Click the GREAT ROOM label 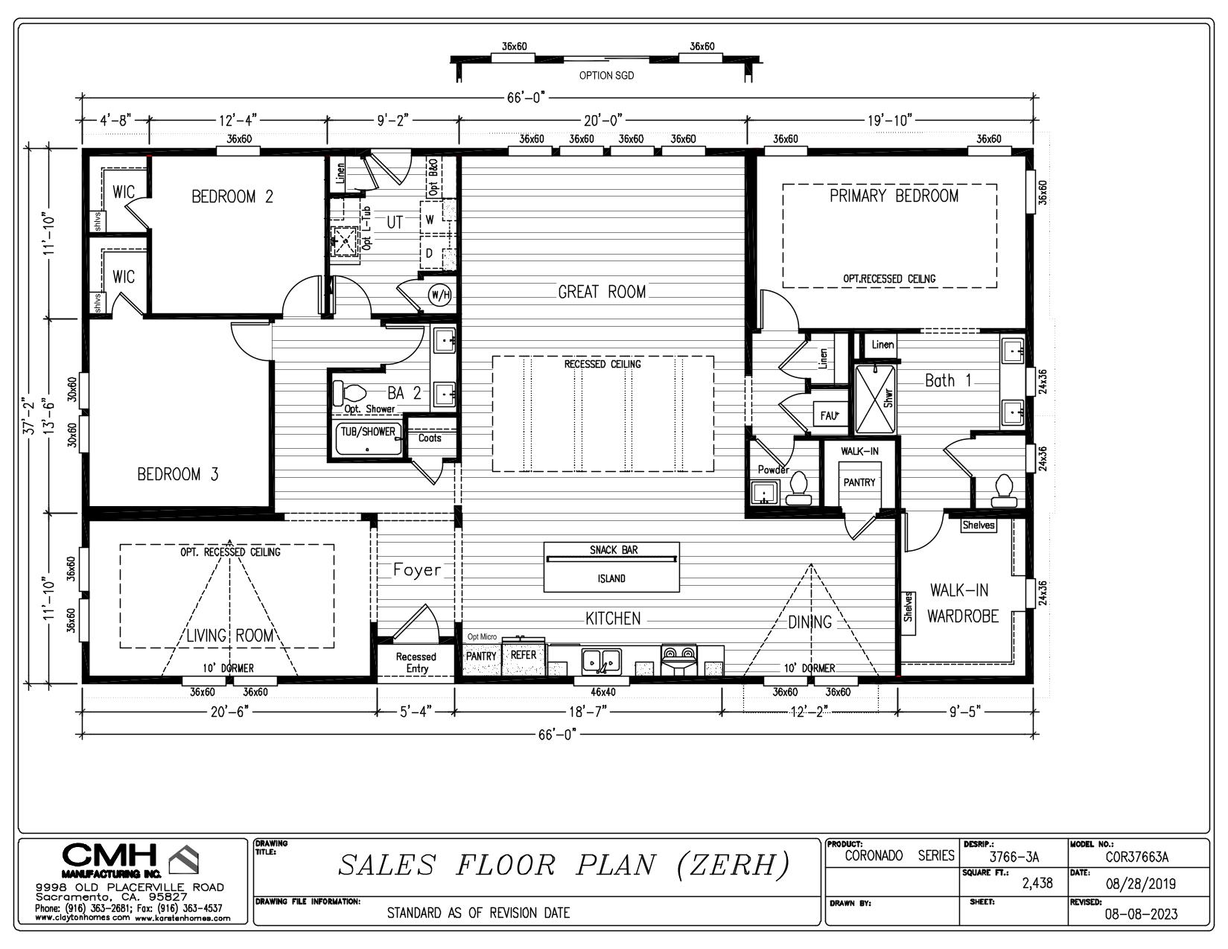tap(602, 292)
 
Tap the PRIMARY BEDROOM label tap(894, 196)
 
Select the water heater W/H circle tap(439, 294)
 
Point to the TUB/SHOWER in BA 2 tap(369, 438)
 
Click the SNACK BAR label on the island tap(614, 550)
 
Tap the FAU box tap(830, 415)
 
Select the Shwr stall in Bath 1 tap(875, 399)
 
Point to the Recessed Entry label tap(416, 662)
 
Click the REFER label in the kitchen tap(524, 655)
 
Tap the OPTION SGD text tap(606, 75)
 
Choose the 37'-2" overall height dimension tap(29, 417)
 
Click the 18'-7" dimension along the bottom tap(588, 712)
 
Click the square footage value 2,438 tap(1037, 884)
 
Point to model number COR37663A tap(1137, 857)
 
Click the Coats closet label tap(430, 438)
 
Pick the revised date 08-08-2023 tap(1142, 913)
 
